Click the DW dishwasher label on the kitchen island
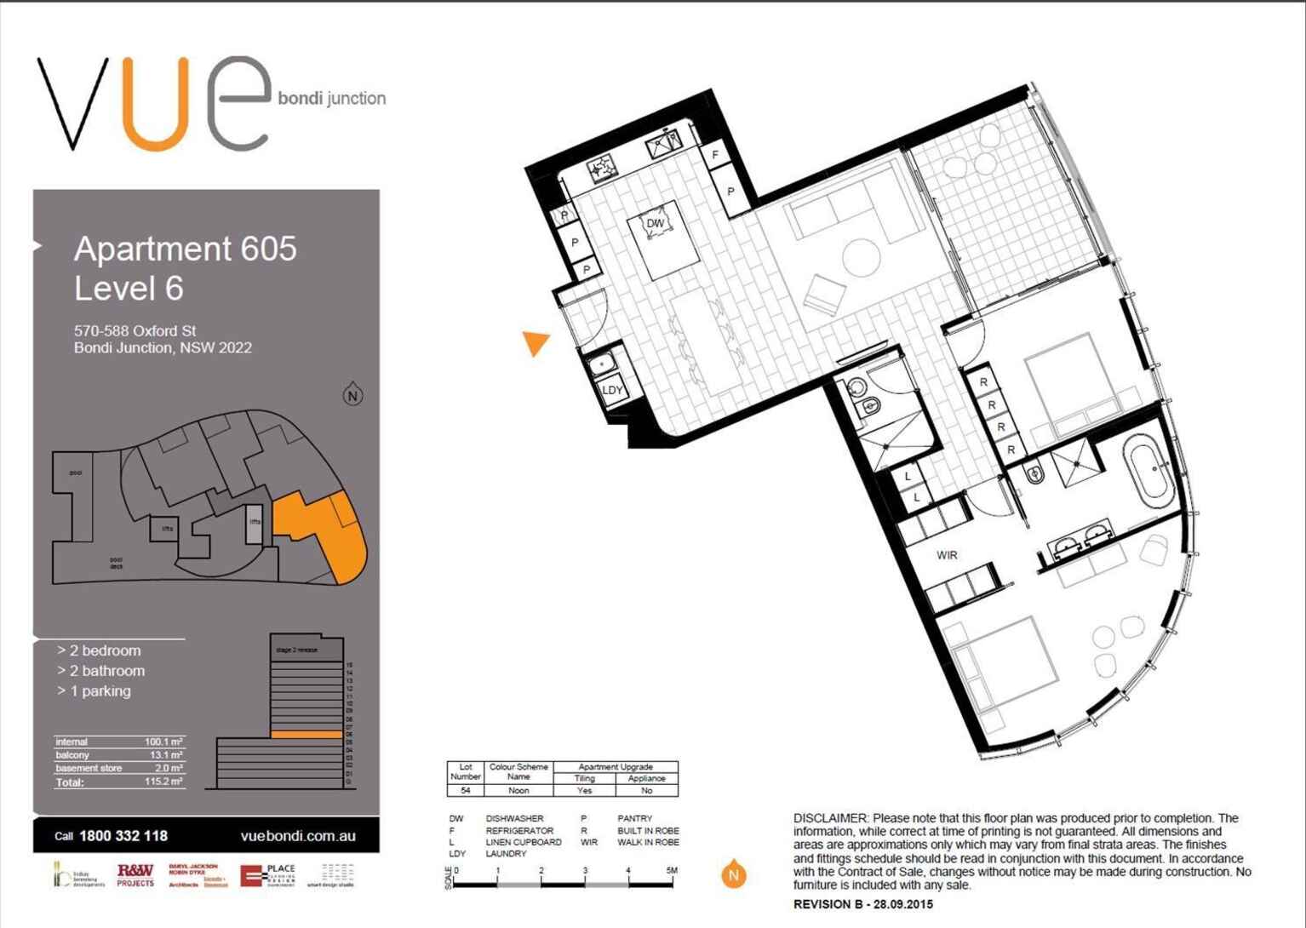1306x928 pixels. (x=655, y=224)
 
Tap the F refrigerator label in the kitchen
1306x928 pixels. (x=715, y=155)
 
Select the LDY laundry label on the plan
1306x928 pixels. (x=612, y=390)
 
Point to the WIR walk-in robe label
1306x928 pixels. (x=947, y=555)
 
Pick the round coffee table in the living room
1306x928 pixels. (x=861, y=257)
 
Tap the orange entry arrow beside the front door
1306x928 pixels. (x=536, y=342)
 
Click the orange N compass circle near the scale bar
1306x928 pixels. (x=734, y=874)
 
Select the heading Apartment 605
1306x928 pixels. (x=185, y=249)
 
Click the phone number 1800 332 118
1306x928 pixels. (x=123, y=836)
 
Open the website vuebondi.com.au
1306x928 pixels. (x=298, y=836)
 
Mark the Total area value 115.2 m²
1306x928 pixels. (x=163, y=782)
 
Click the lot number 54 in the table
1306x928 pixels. (x=465, y=790)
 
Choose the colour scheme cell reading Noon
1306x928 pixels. (x=518, y=790)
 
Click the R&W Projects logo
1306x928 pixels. (x=135, y=874)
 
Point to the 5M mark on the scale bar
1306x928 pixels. (x=672, y=871)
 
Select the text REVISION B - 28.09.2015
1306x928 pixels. (x=862, y=904)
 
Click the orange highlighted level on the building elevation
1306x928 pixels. (x=306, y=734)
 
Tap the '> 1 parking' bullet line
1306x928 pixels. (x=95, y=691)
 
